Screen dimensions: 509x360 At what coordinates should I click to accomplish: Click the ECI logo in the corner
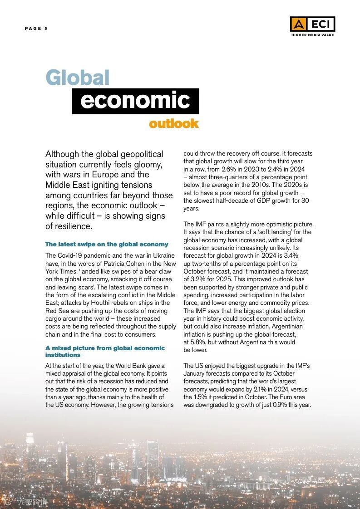pos(312,24)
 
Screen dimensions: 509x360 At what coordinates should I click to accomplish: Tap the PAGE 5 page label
pos(36,29)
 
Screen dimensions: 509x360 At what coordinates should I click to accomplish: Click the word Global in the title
pos(78,78)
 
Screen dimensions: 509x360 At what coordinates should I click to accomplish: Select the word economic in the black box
pos(135,101)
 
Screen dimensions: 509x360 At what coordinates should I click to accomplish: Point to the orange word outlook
pos(174,123)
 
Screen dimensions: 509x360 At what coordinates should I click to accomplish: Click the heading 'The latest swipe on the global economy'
pos(107,245)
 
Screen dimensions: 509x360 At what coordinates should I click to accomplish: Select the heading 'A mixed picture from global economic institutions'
pos(105,351)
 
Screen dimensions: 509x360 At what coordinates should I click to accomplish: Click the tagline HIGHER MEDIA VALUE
pos(312,35)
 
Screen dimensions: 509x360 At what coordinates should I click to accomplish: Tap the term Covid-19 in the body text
pos(72,256)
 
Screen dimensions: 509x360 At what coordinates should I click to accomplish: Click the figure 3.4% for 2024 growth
pos(290,256)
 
